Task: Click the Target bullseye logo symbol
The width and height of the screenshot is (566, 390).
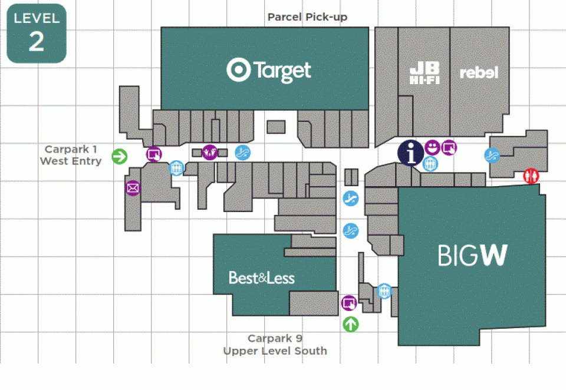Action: click(239, 70)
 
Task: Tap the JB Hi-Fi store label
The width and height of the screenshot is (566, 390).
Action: click(424, 73)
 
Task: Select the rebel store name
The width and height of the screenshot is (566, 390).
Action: click(479, 72)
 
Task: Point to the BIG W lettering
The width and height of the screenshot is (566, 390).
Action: click(473, 255)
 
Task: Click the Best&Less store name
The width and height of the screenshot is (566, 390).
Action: click(262, 278)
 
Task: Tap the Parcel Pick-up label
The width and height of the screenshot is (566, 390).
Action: click(307, 17)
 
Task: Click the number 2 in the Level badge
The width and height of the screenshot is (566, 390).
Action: click(37, 42)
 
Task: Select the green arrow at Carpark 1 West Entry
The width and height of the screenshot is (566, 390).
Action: click(120, 156)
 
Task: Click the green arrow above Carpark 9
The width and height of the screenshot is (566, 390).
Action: click(350, 324)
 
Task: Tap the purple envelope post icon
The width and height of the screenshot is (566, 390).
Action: click(133, 188)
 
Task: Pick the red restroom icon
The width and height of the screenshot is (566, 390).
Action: click(531, 176)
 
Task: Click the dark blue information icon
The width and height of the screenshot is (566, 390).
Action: click(411, 153)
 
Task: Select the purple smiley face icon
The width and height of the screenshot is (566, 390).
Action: click(432, 147)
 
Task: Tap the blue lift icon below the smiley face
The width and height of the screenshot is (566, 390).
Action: click(430, 164)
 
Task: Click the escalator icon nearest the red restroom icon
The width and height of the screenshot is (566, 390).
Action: click(492, 155)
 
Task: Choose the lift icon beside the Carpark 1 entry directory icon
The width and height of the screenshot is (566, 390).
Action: click(176, 168)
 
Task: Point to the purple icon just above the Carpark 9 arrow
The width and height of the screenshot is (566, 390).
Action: click(349, 303)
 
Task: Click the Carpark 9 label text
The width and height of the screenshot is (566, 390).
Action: click(275, 338)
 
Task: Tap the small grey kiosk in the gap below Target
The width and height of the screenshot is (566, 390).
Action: click(276, 127)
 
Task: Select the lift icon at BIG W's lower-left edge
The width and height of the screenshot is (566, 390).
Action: click(384, 291)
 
